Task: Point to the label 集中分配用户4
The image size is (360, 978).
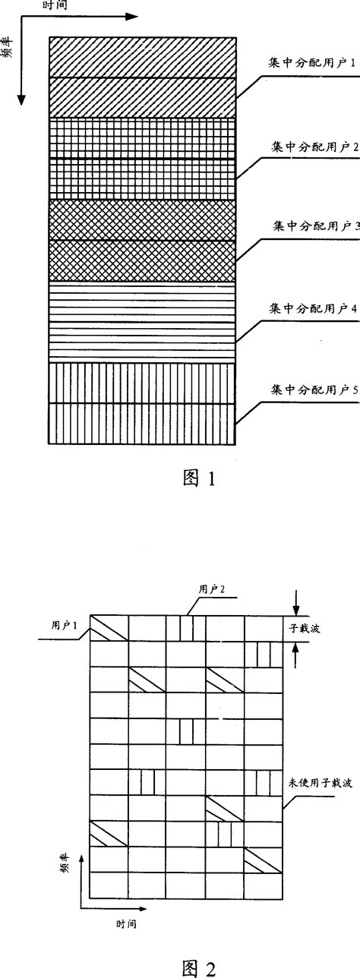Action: coord(314,308)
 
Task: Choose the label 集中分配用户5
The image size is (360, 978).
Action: coord(314,390)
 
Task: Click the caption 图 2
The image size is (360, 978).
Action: coord(200,966)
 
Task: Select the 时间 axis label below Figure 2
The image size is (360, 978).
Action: coord(127,925)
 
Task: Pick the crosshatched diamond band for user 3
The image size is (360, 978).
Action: coord(142,240)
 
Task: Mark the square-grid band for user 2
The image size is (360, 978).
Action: coord(142,158)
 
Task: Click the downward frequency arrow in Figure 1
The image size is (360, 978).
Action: coord(22,76)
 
